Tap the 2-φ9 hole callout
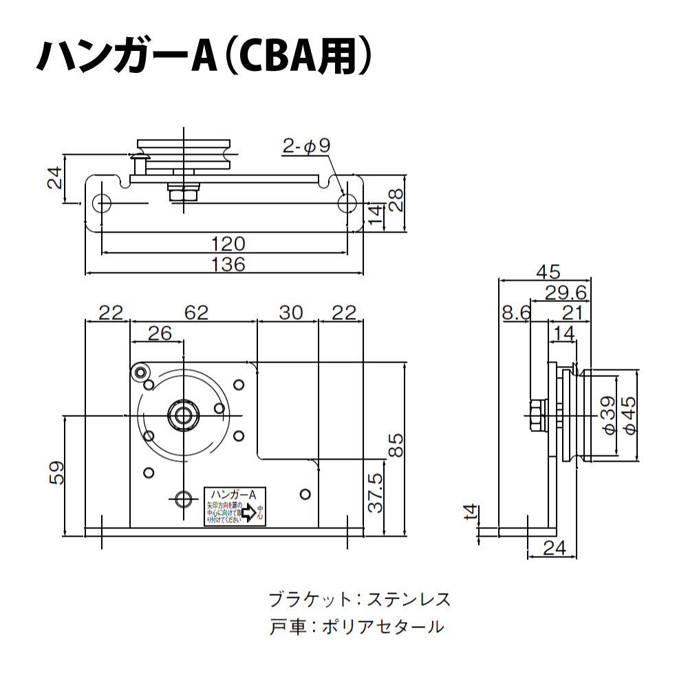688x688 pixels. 307,146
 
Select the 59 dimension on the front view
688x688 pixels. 56,472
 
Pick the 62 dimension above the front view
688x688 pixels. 195,312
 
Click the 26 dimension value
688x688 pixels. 160,333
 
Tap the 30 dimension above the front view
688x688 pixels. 290,312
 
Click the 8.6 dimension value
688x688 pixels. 516,313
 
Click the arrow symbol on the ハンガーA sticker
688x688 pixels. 247,512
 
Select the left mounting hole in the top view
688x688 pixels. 104,203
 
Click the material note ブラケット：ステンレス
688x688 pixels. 360,599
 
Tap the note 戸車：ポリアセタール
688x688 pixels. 356,627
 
